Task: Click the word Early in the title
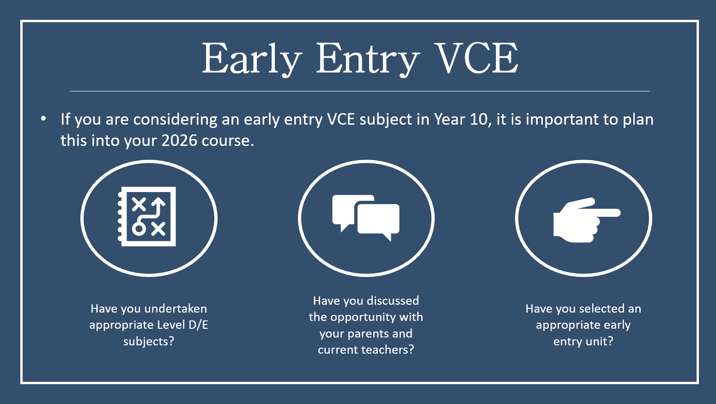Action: (252, 59)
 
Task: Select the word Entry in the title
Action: (368, 59)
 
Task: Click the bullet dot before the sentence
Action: (43, 119)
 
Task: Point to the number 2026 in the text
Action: (179, 140)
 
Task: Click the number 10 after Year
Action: (480, 120)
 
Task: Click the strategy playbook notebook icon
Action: (147, 217)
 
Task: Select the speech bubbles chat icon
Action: (366, 217)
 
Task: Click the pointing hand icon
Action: (587, 220)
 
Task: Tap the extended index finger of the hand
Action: (604, 213)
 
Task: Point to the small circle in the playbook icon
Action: (139, 229)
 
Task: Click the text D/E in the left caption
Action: (199, 325)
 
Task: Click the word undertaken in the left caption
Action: (176, 309)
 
